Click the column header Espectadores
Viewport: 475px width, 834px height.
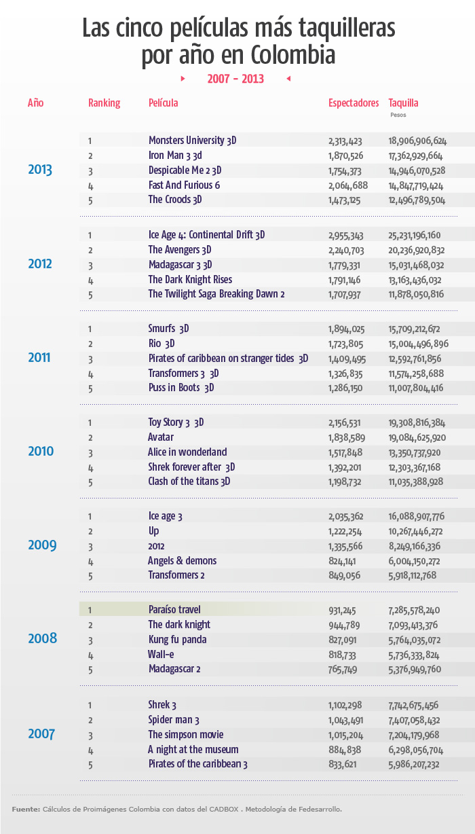[x=354, y=103]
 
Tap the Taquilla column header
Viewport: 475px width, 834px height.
[x=403, y=103]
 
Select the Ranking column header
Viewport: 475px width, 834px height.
[x=104, y=103]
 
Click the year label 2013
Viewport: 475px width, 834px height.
[x=40, y=170]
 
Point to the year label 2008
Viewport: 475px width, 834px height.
[x=42, y=638]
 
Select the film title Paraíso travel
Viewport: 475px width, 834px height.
[x=174, y=609]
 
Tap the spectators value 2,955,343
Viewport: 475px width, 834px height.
[x=346, y=236]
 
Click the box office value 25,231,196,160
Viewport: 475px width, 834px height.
[x=415, y=236]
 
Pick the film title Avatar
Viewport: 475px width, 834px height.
[x=161, y=437]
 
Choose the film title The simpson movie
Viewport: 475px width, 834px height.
[x=185, y=735]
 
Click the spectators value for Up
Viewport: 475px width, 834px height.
[x=345, y=531]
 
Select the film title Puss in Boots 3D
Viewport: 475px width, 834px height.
[x=181, y=388]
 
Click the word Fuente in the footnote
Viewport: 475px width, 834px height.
[x=25, y=810]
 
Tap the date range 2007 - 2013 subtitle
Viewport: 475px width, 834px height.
[x=235, y=79]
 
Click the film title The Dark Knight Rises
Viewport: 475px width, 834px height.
[x=190, y=280]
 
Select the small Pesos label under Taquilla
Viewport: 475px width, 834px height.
[x=398, y=115]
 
